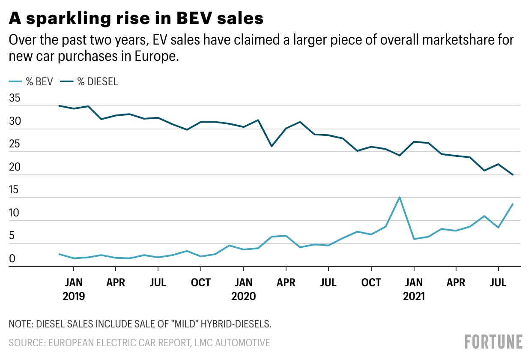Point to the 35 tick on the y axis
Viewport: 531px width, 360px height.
pyautogui.click(x=15, y=98)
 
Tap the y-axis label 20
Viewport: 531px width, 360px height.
pyautogui.click(x=15, y=167)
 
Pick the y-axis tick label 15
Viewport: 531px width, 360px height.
pyautogui.click(x=15, y=190)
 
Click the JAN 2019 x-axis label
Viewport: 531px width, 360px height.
pyautogui.click(x=74, y=289)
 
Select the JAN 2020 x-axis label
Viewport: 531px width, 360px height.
pyautogui.click(x=243, y=289)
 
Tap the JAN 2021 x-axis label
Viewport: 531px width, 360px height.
pyautogui.click(x=414, y=289)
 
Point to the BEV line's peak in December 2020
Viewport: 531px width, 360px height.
pyautogui.click(x=400, y=197)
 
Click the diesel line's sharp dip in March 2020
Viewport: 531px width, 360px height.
pyautogui.click(x=271, y=146)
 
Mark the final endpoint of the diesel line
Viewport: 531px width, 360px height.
pyautogui.click(x=513, y=175)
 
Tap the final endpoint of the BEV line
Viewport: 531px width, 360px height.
pyautogui.click(x=513, y=204)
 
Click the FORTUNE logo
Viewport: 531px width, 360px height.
pyautogui.click(x=493, y=342)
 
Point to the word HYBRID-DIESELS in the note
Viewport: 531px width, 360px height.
pyautogui.click(x=236, y=324)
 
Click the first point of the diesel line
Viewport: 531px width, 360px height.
pyautogui.click(x=59, y=106)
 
